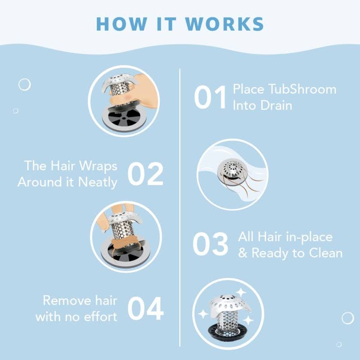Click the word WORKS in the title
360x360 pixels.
[x=224, y=24]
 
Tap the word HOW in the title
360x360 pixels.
[x=121, y=24]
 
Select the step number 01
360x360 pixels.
[x=210, y=97]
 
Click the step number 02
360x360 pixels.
[x=145, y=174]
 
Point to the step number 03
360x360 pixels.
[x=210, y=244]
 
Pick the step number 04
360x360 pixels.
[x=145, y=308]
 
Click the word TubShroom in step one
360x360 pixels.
[x=302, y=89]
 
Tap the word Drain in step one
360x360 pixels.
[x=276, y=106]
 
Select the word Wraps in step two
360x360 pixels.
[x=98, y=166]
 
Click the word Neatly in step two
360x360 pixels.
[x=98, y=183]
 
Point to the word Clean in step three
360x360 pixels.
[x=325, y=253]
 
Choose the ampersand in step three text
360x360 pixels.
[x=243, y=253]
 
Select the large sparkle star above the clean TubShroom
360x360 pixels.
[x=241, y=292]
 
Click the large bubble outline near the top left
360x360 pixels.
[x=25, y=85]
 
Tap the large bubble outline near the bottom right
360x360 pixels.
[x=348, y=318]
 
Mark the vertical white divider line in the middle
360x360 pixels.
[x=180, y=207]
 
